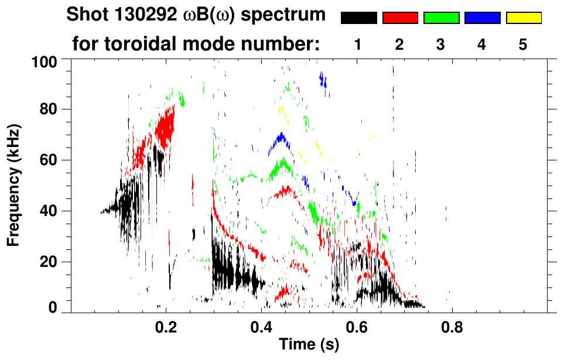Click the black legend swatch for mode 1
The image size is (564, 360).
coord(358,18)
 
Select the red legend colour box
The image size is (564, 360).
coord(400,18)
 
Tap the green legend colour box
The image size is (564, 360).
coord(441,18)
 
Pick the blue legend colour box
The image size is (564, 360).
coord(482,18)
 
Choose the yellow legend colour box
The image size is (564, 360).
coord(523,18)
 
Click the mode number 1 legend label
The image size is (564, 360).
coord(358,45)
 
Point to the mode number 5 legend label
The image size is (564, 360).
coord(523,45)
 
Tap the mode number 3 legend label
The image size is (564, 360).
coord(441,45)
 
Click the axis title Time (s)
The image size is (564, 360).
coord(309,345)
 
